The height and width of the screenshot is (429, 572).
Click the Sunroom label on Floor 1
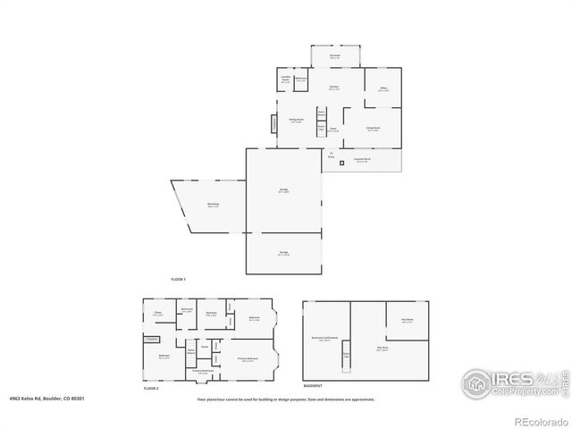coord(334,55)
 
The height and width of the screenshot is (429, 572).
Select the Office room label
coord(382,89)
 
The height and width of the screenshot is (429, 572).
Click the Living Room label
coord(374,128)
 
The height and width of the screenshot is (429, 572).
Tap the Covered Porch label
coord(362,161)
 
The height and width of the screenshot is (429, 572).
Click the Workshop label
coord(214,205)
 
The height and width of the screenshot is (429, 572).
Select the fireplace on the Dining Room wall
coord(275,124)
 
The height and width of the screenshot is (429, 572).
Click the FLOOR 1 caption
coord(178,280)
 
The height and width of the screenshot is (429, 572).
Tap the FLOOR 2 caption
coord(151,389)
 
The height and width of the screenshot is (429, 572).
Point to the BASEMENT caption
coord(314,386)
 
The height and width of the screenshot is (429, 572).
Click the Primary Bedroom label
coord(248,358)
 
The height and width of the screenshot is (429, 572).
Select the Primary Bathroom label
coord(203,370)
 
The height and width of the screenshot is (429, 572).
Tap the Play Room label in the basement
coord(407,322)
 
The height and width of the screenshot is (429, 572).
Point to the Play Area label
coord(382,349)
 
